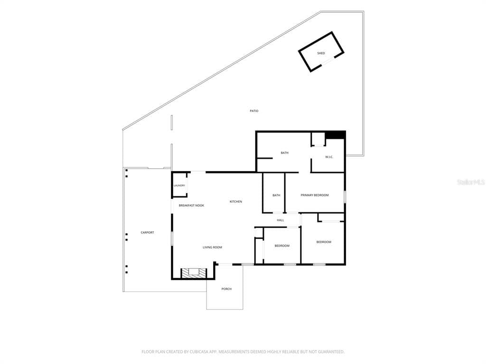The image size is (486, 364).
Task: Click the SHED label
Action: pyautogui.click(x=321, y=53)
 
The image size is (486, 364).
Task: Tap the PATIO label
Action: pyautogui.click(x=254, y=111)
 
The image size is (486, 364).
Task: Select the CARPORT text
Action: pyautogui.click(x=147, y=232)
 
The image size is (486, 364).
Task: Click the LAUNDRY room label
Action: pyautogui.click(x=179, y=186)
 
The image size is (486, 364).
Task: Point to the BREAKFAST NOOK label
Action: pyautogui.click(x=191, y=206)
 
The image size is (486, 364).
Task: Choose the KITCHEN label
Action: pyautogui.click(x=235, y=201)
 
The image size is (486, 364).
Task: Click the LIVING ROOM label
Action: pyautogui.click(x=212, y=247)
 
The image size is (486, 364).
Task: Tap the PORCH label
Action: pyautogui.click(x=226, y=289)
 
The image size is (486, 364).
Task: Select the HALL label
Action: pyautogui.click(x=280, y=220)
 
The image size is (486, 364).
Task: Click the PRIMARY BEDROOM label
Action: pyautogui.click(x=315, y=195)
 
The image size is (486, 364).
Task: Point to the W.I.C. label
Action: pyautogui.click(x=329, y=157)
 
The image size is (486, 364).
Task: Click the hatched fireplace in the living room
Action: pyautogui.click(x=194, y=273)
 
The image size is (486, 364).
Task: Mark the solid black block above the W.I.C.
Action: pyautogui.click(x=335, y=135)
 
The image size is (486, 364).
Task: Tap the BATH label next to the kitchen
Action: pyautogui.click(x=276, y=195)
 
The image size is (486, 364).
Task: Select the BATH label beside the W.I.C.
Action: pyautogui.click(x=285, y=153)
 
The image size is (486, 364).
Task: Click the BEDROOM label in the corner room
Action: pyautogui.click(x=324, y=242)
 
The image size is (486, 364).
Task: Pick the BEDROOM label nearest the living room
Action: pyautogui.click(x=282, y=246)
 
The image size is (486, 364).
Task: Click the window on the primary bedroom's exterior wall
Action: pyautogui.click(x=345, y=197)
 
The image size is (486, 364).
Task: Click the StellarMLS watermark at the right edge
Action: pyautogui.click(x=471, y=182)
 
